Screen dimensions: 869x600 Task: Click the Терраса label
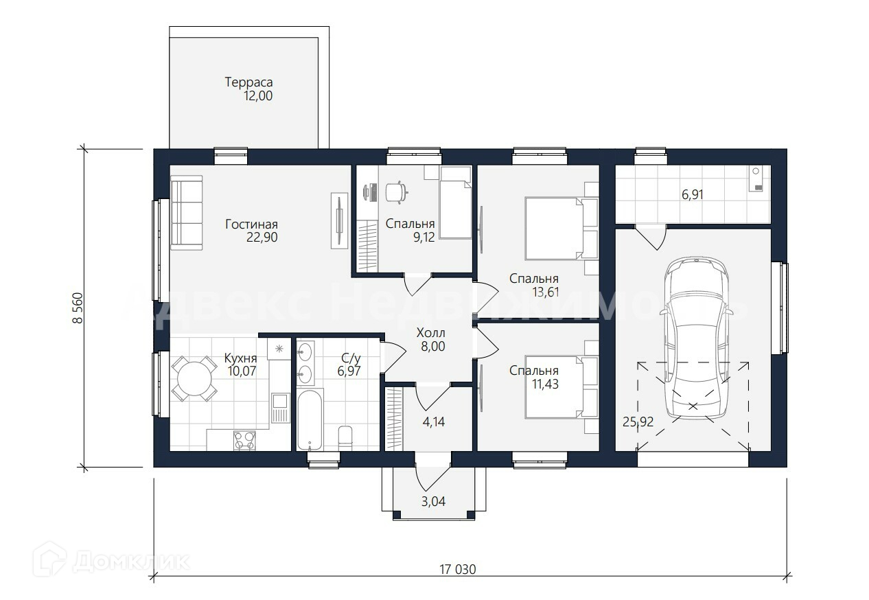[x=248, y=82]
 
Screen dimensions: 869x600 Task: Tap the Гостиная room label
[x=251, y=224]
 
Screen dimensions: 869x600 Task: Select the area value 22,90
[x=262, y=237]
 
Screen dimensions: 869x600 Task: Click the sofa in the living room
[x=187, y=213]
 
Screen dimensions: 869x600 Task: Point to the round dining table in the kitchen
[x=194, y=378]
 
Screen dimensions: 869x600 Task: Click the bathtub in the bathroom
[x=309, y=419]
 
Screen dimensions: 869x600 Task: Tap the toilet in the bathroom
[x=345, y=438]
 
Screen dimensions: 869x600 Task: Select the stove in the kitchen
[x=244, y=441]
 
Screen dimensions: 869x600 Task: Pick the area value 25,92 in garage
[x=638, y=422]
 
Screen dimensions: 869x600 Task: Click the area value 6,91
[x=693, y=194]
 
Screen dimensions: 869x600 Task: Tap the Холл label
[x=430, y=332]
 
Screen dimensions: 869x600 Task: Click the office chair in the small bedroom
[x=397, y=192]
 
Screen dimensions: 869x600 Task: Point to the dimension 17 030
[x=457, y=569]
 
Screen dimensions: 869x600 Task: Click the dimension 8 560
[x=78, y=308]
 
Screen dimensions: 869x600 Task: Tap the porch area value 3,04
[x=433, y=501]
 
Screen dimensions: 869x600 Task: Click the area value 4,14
[x=433, y=422]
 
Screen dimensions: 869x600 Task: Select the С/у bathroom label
[x=351, y=358]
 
